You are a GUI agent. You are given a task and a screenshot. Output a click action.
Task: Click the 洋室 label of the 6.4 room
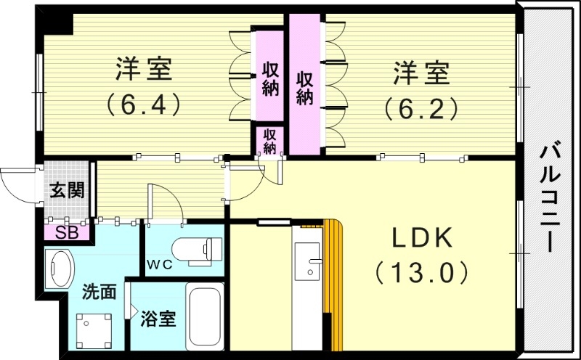coord(143,72)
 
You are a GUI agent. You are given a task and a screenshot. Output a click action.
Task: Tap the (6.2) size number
coord(422,107)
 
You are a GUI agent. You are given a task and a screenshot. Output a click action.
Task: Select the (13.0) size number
coord(423,274)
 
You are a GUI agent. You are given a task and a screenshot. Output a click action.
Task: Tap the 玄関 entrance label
coord(66,191)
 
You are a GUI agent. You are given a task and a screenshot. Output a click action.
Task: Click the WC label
coord(162,264)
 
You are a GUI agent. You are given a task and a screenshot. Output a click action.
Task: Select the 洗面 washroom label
coord(99,292)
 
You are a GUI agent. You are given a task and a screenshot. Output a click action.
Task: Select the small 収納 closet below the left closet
coord(269,141)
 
